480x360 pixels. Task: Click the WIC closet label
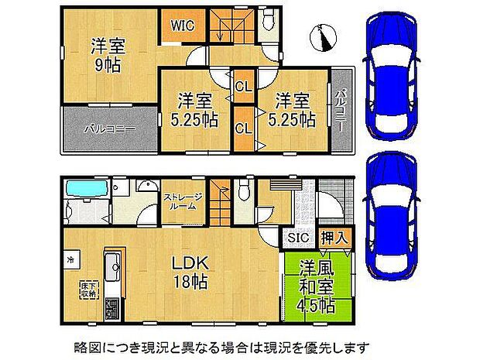[183, 24]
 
